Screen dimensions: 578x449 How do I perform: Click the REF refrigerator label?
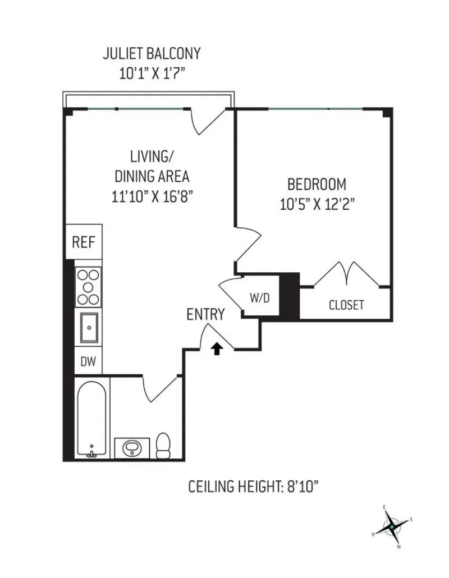[84, 242]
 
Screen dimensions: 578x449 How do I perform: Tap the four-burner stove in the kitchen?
[88, 287]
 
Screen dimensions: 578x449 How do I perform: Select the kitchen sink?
[89, 328]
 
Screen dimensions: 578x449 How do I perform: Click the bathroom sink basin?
[132, 448]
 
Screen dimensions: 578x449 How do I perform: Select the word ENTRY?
[206, 315]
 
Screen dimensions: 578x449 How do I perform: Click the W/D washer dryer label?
[259, 297]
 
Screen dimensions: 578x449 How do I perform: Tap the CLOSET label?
[346, 305]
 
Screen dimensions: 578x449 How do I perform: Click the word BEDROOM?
[317, 184]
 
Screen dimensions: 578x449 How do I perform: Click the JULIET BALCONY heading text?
[152, 54]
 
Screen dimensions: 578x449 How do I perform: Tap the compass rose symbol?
[391, 527]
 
